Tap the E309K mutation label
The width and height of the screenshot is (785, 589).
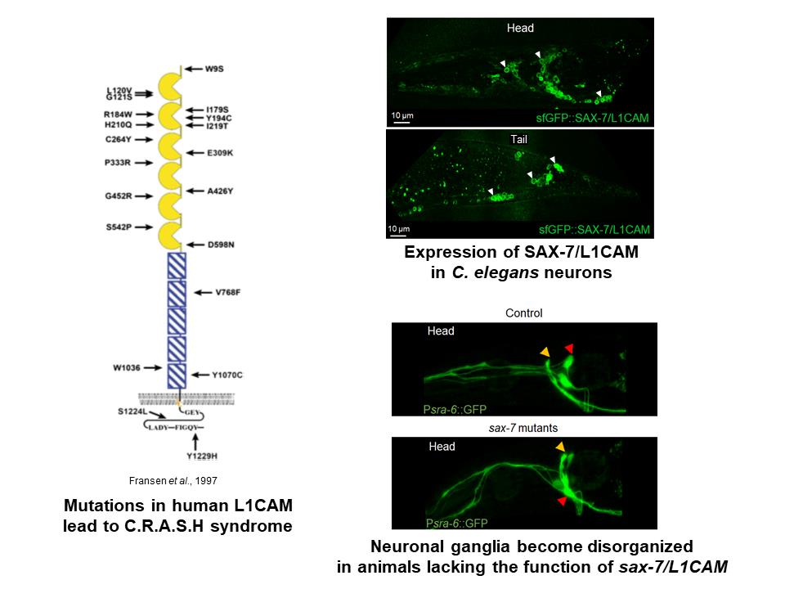point(222,152)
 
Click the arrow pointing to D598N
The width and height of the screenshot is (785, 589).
point(197,245)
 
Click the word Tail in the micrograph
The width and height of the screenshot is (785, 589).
point(519,140)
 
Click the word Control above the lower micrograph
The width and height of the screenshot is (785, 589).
point(523,312)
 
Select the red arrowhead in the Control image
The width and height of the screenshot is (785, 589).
point(570,349)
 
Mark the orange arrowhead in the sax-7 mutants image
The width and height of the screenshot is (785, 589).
point(559,447)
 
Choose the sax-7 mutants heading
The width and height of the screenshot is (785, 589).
point(523,428)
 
